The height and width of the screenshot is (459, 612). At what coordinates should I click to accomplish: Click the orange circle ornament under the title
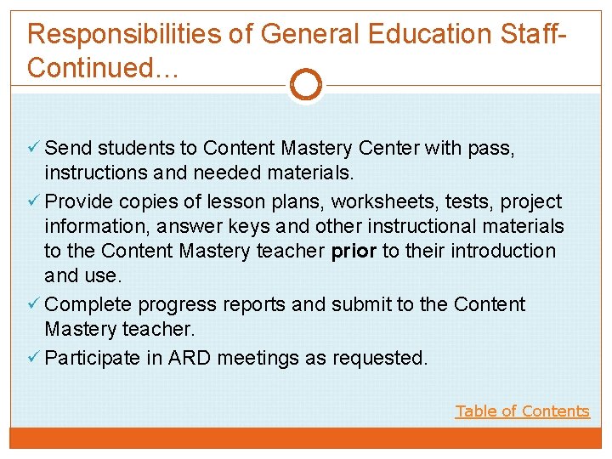306,84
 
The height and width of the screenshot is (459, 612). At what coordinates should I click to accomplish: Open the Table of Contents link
522,411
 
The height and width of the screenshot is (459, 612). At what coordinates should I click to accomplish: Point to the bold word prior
354,252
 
